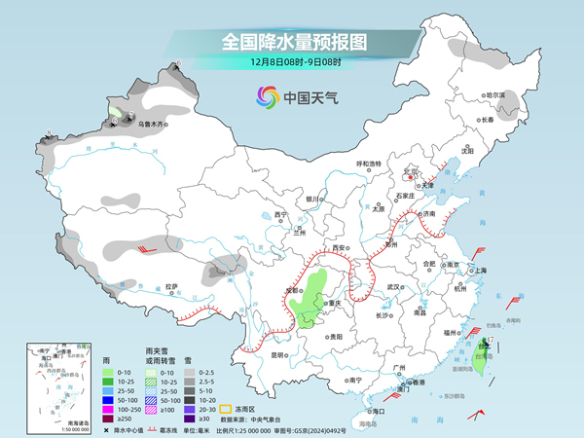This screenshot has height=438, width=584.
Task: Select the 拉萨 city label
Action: [172, 286]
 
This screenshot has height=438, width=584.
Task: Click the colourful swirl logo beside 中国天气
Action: [266, 97]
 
